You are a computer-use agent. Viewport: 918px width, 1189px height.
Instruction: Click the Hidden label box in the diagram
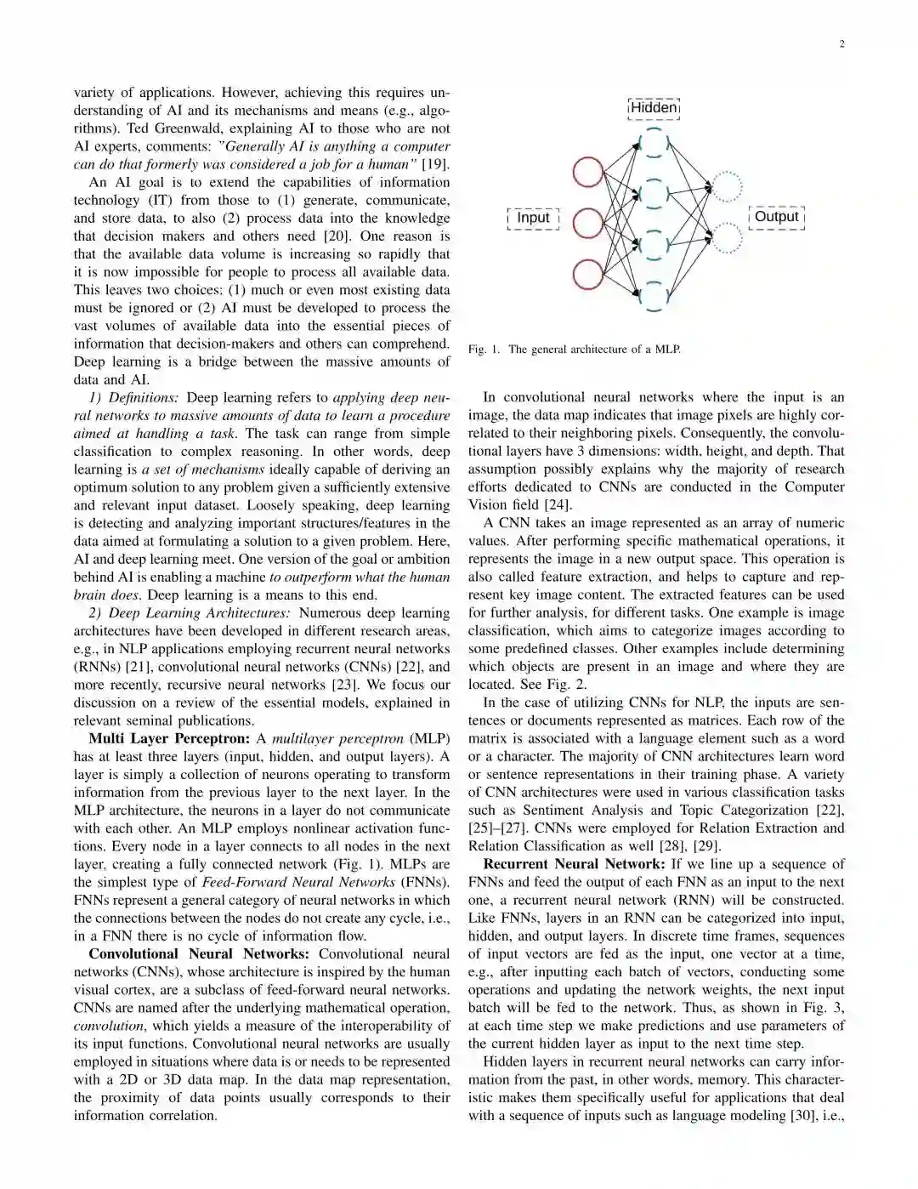point(654,108)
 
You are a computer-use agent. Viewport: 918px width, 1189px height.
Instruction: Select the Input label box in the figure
point(533,218)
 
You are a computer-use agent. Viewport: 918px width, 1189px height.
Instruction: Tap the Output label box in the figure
point(776,217)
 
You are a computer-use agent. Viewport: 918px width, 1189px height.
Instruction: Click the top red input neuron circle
point(587,172)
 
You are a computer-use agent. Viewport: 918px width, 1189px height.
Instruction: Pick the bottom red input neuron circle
point(587,275)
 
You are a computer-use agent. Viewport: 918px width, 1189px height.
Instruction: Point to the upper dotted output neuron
point(726,187)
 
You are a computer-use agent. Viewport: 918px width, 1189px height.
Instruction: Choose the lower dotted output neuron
point(726,239)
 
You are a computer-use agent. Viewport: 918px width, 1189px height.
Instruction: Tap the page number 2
point(841,44)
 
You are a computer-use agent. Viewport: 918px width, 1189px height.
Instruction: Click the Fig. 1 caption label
point(484,350)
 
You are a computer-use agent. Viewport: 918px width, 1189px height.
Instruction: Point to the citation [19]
point(435,164)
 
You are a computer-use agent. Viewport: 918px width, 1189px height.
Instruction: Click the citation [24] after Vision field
point(558,504)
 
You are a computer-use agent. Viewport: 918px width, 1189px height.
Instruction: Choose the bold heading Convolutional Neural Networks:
point(199,954)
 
